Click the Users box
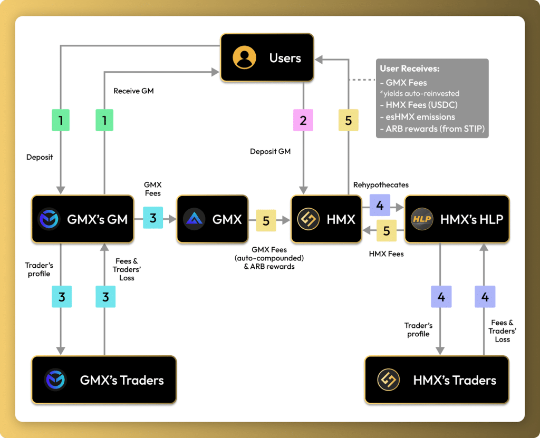[x=267, y=57]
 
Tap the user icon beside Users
[x=244, y=57]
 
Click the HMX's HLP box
[x=457, y=219]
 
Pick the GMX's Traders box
[x=103, y=380]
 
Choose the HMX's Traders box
[x=437, y=380]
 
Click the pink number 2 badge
[x=303, y=120]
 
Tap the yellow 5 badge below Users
[x=348, y=120]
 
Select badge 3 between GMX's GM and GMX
[x=153, y=218]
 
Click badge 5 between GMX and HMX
[x=266, y=221]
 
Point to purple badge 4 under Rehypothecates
[x=380, y=205]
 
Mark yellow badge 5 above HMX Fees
[x=387, y=231]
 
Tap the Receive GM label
[x=134, y=91]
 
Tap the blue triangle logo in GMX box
[x=195, y=219]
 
